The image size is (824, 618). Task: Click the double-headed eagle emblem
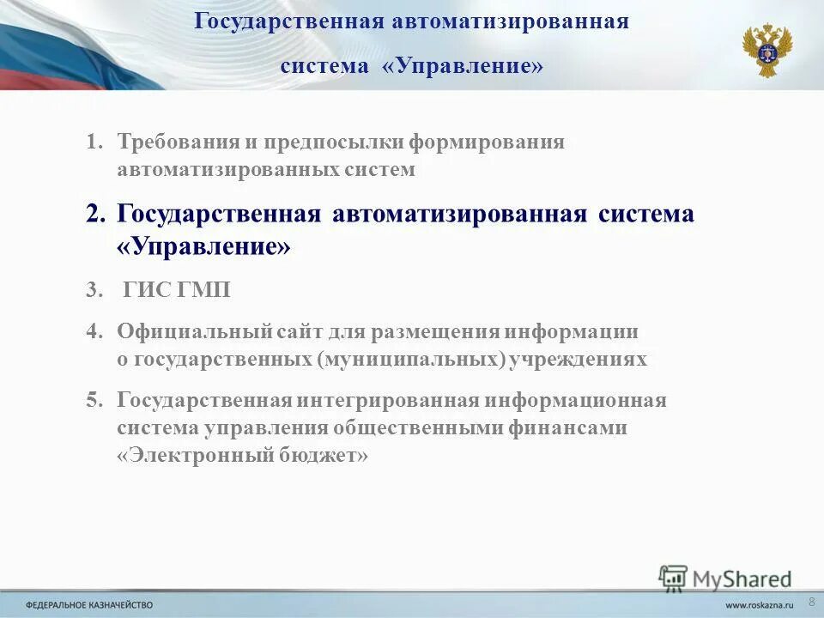(x=766, y=51)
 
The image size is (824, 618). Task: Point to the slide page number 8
(x=811, y=597)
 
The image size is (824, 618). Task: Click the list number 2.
(x=95, y=214)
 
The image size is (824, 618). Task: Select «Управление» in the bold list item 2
(x=204, y=248)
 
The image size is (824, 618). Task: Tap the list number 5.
(x=94, y=400)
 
